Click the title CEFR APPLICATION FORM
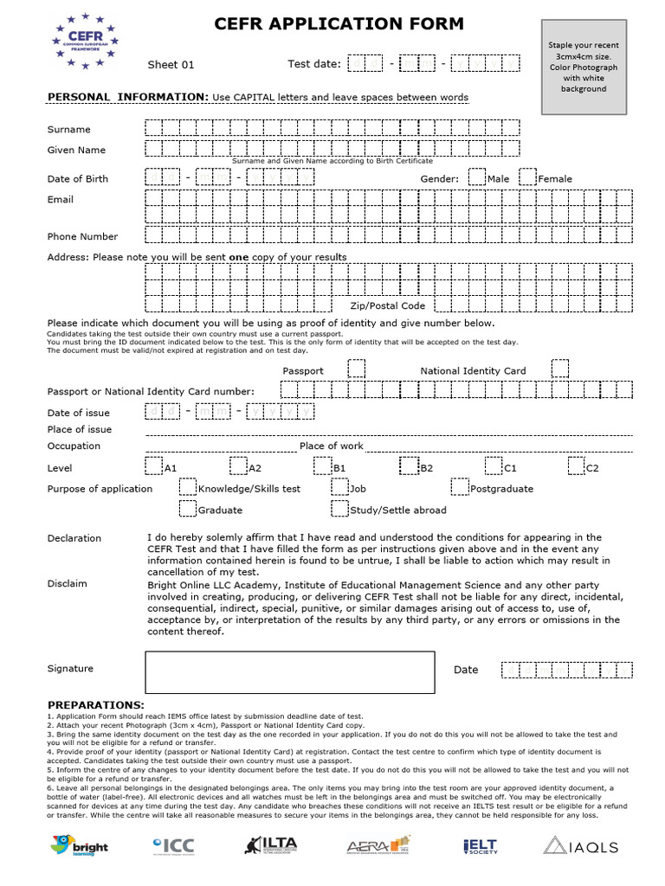pos(339,24)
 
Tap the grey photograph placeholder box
pos(583,67)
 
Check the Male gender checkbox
pos(476,177)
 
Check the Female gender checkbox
pos(527,177)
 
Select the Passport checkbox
pos(356,369)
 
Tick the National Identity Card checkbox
pos(560,369)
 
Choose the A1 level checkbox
pos(153,466)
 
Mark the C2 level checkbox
pos(576,466)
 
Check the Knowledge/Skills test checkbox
pos(187,488)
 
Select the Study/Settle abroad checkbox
pos(339,510)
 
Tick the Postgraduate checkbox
pos(459,488)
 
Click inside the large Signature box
pos(289,671)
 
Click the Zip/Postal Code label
pos(387,305)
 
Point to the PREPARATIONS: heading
pos(95,705)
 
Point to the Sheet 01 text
pos(171,65)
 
